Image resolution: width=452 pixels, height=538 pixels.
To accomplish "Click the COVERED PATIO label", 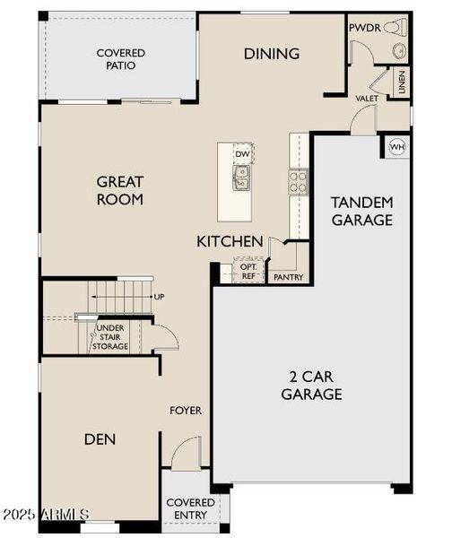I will point(121,59).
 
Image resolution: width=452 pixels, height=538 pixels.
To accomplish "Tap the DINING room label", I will point(272,54).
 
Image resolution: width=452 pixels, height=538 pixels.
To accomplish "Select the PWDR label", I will point(365,28).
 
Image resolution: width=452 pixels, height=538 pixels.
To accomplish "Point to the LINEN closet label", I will point(403,83).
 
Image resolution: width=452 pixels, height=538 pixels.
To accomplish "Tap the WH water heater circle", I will point(395,146).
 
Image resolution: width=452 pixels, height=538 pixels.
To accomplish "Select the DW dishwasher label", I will point(242,154).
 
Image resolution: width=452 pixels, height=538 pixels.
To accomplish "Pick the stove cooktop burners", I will point(298,182).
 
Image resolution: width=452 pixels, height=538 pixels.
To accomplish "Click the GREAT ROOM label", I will point(120,190).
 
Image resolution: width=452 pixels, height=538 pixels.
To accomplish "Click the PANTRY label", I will point(288,278).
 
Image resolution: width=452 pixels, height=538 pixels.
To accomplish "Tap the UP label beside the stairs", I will point(160,297).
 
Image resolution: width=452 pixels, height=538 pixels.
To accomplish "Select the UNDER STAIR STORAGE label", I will point(111,337).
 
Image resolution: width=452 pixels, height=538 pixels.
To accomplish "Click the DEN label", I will point(100,439).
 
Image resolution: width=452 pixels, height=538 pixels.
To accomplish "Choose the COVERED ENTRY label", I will point(191,508).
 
